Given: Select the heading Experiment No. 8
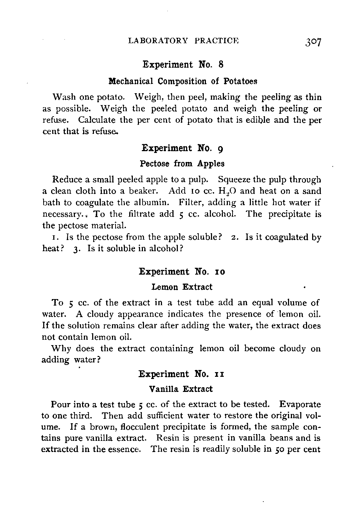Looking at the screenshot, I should pos(183,65).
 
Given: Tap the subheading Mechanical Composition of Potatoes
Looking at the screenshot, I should pos(183,81).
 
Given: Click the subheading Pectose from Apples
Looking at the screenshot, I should pos(182,164).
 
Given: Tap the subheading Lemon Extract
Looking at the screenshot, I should pos(182,287).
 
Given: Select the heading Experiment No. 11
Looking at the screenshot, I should pos(181,374).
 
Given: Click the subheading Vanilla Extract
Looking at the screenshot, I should pos(181,389).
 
